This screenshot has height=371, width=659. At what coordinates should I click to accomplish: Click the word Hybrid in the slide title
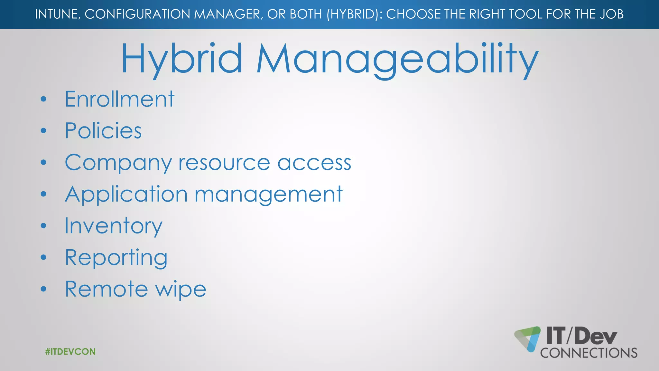(x=181, y=59)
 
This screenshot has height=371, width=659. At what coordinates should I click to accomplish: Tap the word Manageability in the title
(x=397, y=59)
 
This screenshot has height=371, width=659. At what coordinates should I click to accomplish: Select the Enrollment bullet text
(x=119, y=99)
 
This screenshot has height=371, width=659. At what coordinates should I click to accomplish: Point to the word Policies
(x=103, y=131)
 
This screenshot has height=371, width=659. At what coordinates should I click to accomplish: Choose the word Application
(x=126, y=195)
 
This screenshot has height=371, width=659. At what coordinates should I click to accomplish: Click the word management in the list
(x=269, y=195)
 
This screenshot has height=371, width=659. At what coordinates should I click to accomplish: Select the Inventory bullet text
(x=113, y=226)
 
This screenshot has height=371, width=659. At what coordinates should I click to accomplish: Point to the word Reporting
(x=116, y=258)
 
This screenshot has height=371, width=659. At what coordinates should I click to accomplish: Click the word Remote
(x=107, y=289)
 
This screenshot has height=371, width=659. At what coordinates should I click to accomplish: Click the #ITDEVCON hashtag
(x=70, y=352)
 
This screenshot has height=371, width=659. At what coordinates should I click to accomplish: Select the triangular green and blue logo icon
(x=528, y=338)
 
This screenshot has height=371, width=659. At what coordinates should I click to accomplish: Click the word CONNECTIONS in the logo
(x=589, y=353)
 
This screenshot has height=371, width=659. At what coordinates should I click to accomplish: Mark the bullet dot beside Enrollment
(x=44, y=99)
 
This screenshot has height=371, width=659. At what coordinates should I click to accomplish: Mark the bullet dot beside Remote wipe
(x=44, y=289)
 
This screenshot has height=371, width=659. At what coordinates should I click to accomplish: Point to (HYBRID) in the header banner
(x=352, y=14)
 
